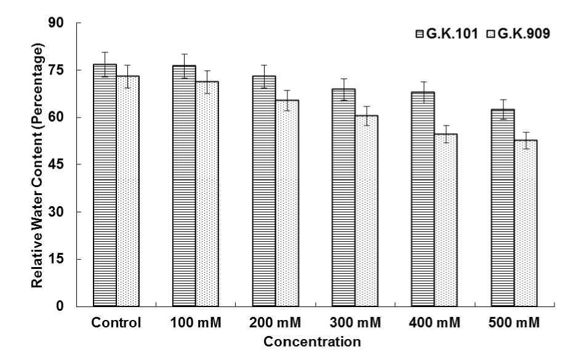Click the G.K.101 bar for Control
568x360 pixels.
pos(105,185)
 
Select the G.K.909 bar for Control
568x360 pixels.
pos(128,191)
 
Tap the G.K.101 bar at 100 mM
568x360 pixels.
pos(184,185)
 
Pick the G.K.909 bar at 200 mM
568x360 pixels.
pos(287,203)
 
